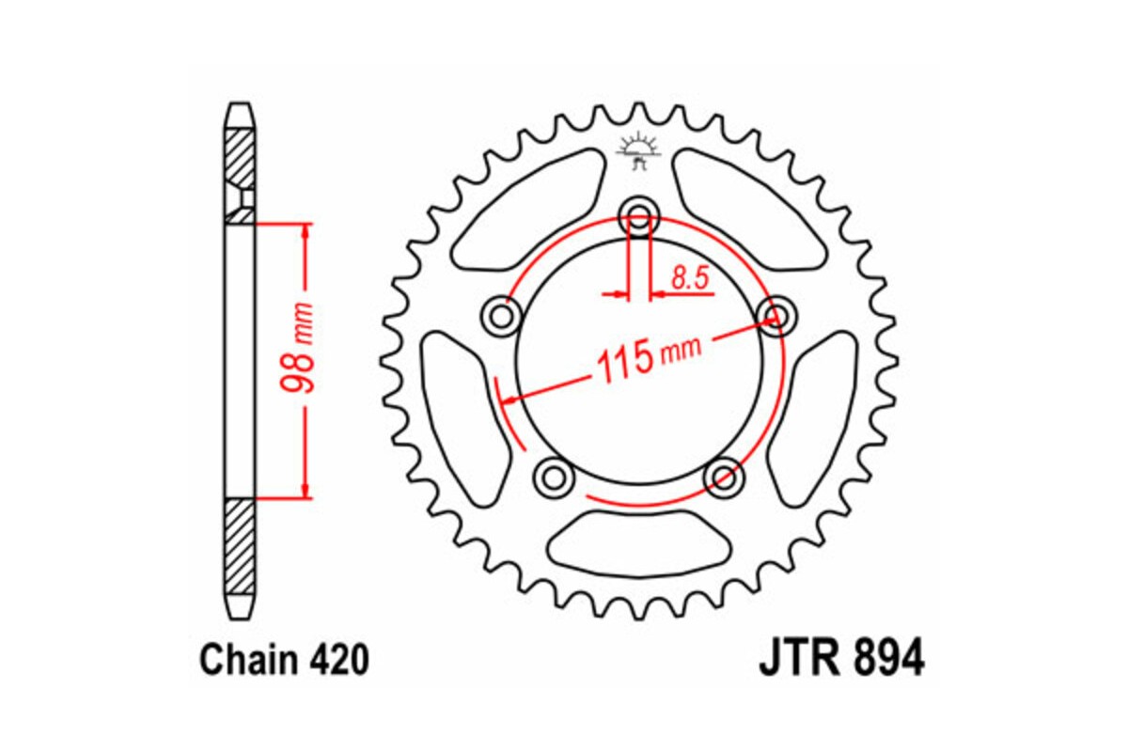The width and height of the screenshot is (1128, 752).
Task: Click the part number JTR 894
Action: (x=840, y=658)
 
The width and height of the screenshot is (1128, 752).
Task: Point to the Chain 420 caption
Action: (x=283, y=661)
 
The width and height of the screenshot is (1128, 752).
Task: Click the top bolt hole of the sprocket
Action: (x=639, y=211)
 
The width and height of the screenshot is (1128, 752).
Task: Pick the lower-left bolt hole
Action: (x=553, y=477)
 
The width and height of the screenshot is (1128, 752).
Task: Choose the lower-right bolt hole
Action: (x=724, y=478)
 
